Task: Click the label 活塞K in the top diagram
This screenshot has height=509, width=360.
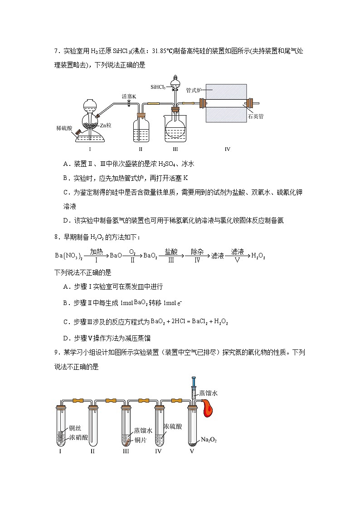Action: (129, 96)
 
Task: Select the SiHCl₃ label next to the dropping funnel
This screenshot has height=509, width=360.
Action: (158, 86)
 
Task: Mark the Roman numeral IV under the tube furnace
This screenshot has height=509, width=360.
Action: (227, 149)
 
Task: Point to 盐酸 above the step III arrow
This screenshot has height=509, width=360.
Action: (171, 252)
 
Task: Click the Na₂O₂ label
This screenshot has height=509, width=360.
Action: (208, 440)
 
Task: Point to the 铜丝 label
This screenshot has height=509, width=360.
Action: (75, 428)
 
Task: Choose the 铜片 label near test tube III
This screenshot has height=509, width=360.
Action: (140, 440)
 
